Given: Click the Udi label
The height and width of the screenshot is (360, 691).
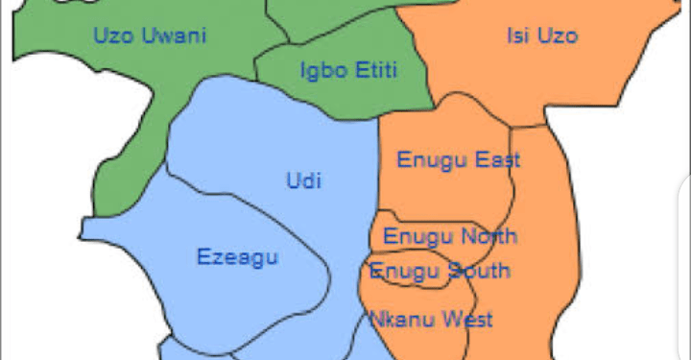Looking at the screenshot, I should [x=304, y=180].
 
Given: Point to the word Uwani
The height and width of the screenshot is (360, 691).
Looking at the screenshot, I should [x=175, y=36].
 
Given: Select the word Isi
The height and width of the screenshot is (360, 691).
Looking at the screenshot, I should [x=518, y=36].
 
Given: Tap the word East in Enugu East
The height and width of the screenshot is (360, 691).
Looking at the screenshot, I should [x=497, y=159].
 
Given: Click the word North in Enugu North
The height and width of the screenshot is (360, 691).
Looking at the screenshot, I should [x=488, y=235].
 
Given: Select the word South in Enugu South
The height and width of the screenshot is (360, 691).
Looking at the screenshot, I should [x=478, y=271].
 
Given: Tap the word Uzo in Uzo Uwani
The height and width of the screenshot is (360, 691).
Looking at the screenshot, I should [x=113, y=36].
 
